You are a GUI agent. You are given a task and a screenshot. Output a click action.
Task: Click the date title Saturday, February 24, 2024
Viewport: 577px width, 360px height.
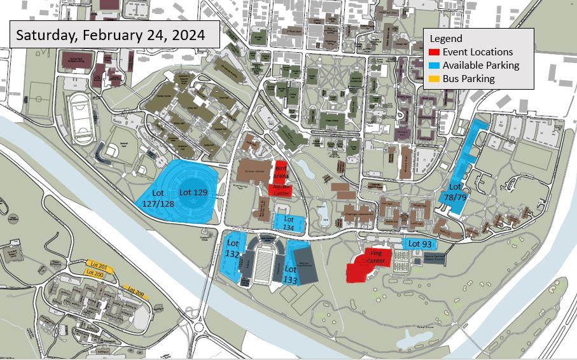tap(110, 34)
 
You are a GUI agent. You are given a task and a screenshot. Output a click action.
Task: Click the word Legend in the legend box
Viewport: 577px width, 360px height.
tap(446, 39)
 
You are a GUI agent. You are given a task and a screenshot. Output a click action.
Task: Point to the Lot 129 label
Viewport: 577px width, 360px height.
tap(193, 192)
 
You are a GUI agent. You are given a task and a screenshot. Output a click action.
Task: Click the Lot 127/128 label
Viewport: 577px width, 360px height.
tap(158, 197)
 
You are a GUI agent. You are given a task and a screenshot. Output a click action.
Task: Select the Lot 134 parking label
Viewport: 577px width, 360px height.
tap(289, 223)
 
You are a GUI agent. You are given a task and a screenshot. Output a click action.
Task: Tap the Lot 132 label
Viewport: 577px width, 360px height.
tap(233, 248)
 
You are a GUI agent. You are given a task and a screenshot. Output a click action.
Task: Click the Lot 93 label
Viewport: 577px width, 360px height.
tap(419, 244)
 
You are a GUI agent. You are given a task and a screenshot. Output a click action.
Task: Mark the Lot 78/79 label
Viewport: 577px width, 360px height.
tap(455, 191)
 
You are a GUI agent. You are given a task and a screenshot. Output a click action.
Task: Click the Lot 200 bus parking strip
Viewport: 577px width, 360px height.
tap(95, 273)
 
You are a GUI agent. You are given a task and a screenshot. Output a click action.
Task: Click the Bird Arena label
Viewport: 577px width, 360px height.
tap(281, 170)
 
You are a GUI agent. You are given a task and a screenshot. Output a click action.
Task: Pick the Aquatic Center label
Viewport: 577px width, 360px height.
tap(282, 190)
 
